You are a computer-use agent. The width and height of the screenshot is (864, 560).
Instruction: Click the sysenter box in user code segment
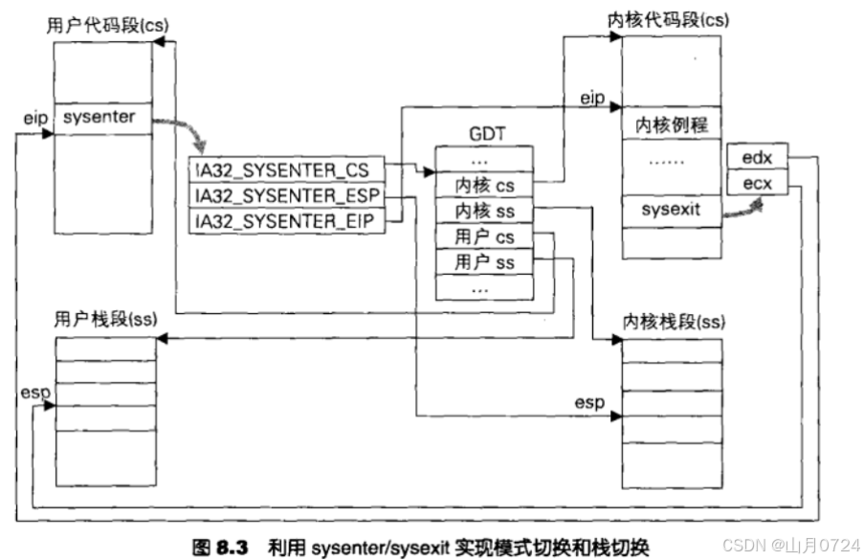pos(100,119)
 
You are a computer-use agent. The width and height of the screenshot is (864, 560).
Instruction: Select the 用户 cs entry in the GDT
pos(484,236)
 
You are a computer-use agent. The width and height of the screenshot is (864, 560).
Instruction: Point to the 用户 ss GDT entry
pos(484,260)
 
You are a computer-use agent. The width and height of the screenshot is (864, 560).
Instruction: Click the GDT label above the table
pos(483,135)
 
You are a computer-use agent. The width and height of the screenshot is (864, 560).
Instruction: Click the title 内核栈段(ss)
pos(674,322)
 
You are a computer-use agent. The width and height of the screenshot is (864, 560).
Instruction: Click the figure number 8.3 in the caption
pos(232,547)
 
